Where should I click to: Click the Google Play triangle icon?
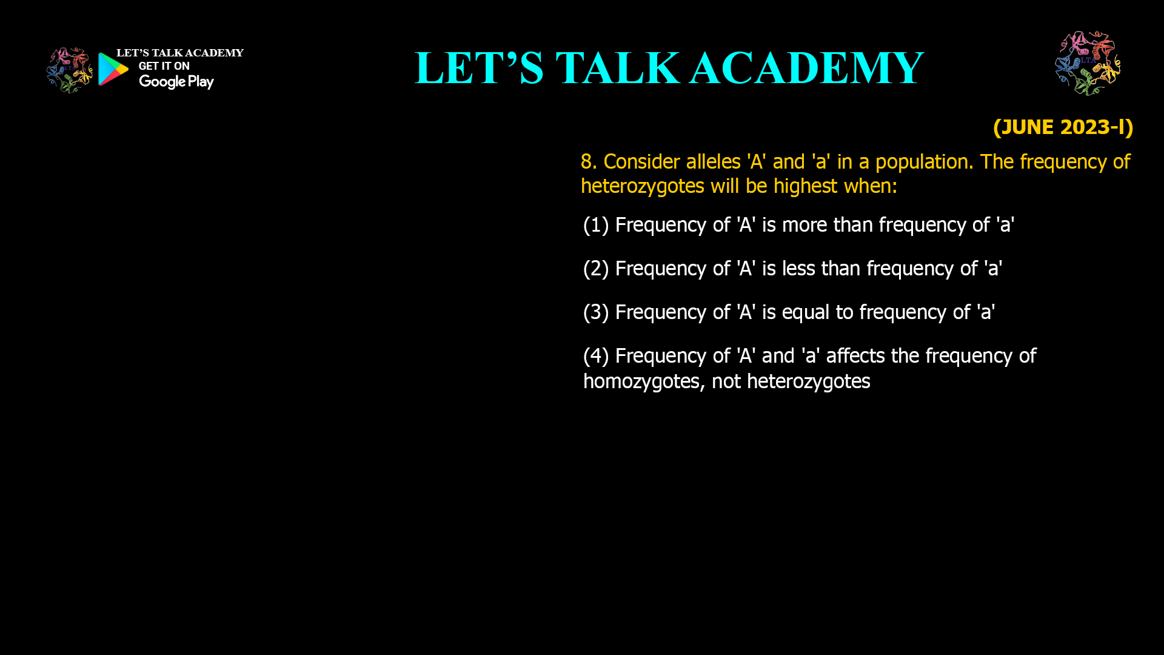pyautogui.click(x=113, y=69)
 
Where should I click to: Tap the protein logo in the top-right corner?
pyautogui.click(x=1088, y=63)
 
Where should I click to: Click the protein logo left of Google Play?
pyautogui.click(x=69, y=70)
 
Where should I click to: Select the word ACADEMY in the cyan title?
pyautogui.click(x=806, y=68)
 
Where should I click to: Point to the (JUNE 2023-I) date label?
pyautogui.click(x=1063, y=127)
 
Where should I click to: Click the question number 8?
pyautogui.click(x=588, y=162)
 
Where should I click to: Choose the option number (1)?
pyautogui.click(x=595, y=225)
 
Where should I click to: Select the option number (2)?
pyautogui.click(x=595, y=269)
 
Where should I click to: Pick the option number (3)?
pyautogui.click(x=595, y=312)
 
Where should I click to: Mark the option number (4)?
pyautogui.click(x=595, y=356)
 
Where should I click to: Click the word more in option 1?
pyautogui.click(x=804, y=225)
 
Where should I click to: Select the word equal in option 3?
pyautogui.click(x=805, y=312)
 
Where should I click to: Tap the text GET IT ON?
pyautogui.click(x=164, y=66)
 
